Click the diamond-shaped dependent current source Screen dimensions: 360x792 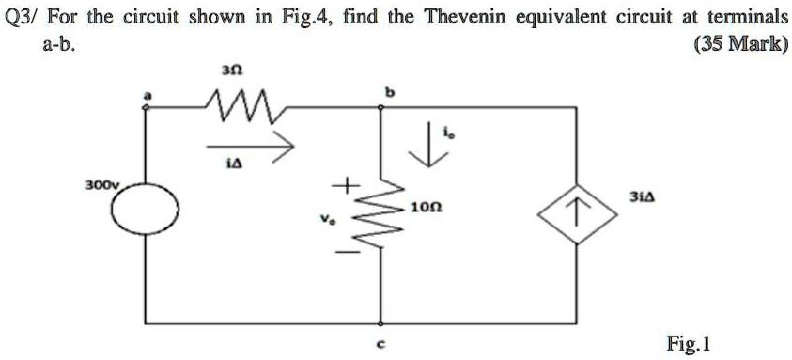click(x=578, y=219)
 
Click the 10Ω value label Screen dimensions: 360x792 click(x=424, y=206)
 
